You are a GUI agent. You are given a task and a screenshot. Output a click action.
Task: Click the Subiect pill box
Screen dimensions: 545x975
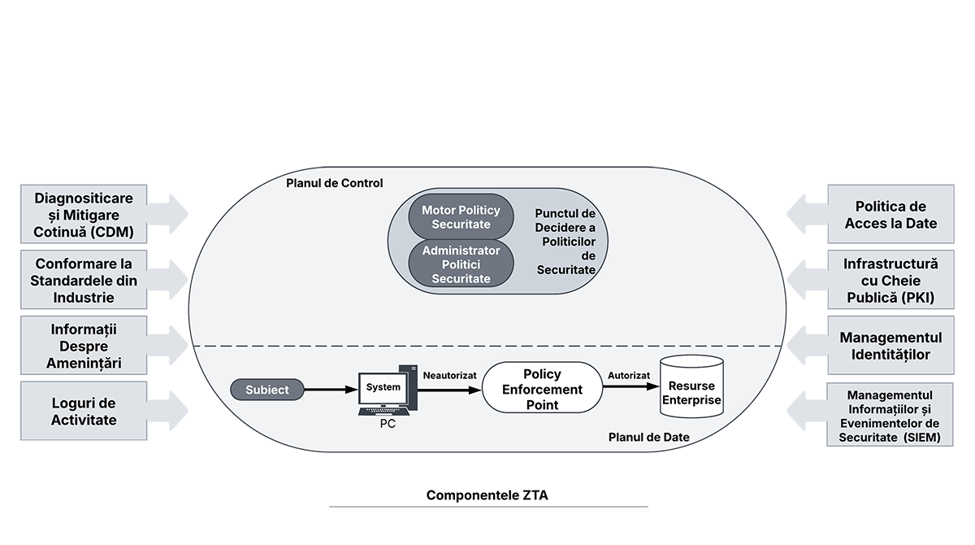[x=267, y=390]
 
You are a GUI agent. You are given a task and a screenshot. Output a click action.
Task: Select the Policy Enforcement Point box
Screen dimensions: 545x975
[x=541, y=390]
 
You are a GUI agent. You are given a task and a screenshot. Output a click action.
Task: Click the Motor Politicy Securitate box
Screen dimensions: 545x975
[x=461, y=216]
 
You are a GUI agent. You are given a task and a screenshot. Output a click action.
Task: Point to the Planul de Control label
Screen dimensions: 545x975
[x=334, y=183]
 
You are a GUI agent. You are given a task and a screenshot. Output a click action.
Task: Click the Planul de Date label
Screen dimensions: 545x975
[x=648, y=438]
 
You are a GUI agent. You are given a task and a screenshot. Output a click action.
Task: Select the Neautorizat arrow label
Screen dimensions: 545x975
[x=449, y=375]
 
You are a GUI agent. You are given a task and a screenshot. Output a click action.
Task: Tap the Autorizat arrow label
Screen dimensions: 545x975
[x=629, y=375]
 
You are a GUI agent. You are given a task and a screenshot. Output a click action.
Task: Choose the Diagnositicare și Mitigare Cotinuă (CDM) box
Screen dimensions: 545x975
[x=84, y=215]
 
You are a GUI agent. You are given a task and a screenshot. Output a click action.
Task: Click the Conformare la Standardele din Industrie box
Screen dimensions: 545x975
[x=84, y=280]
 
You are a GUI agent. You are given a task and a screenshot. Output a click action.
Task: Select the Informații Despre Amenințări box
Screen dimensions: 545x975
[x=84, y=346]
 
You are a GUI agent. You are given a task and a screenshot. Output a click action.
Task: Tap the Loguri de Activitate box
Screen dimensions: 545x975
[x=84, y=411]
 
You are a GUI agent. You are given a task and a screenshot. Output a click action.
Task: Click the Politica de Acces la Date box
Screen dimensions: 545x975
[x=890, y=215]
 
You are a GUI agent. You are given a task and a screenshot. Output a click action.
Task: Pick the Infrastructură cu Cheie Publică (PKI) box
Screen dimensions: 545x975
[x=890, y=281]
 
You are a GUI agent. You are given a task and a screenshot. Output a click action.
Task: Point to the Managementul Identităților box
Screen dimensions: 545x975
[x=890, y=346]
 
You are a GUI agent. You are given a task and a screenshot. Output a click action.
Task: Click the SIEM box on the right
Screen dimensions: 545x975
[x=890, y=416]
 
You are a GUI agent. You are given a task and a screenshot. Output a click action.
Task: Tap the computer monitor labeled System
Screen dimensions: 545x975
[x=383, y=388]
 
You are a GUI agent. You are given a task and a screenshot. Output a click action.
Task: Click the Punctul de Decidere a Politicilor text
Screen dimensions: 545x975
[x=565, y=242]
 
